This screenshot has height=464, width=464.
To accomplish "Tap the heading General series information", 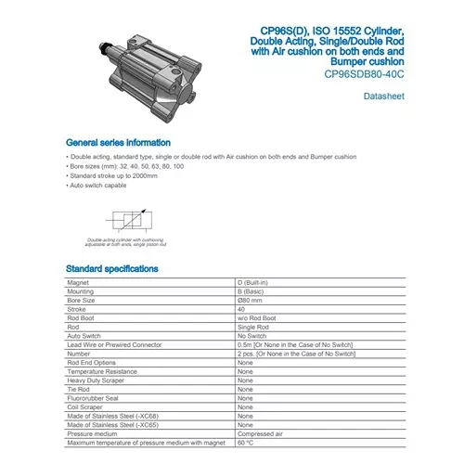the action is click(117, 143).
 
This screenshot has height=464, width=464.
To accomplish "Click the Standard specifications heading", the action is click(111, 268).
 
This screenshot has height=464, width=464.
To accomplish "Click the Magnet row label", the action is click(79, 283).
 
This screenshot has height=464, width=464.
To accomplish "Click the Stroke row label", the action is click(77, 310).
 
